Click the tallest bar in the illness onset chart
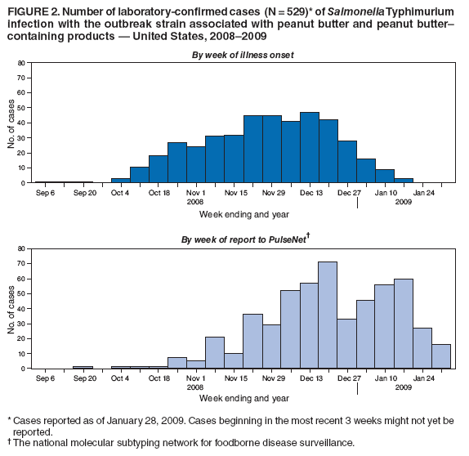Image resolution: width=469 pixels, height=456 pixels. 309,148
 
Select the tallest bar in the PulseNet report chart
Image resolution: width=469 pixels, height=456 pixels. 328,315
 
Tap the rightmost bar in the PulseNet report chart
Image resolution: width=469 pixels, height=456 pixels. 440,356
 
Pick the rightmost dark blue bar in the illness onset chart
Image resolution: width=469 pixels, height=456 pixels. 403,181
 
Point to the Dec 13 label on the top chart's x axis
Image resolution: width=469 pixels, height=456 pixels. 310,193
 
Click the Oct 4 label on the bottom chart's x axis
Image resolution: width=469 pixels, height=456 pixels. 120,378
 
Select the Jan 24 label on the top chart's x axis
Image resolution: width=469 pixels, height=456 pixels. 423,193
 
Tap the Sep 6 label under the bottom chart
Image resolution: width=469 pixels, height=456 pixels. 45,378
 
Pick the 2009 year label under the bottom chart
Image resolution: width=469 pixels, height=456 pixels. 404,387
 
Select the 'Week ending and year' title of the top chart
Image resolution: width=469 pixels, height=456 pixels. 243,213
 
